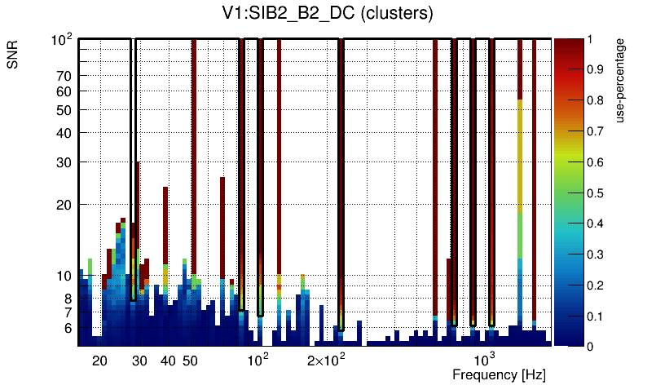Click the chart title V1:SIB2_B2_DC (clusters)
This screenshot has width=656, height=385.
[x=320, y=14]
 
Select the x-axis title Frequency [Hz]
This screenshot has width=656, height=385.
[x=499, y=374]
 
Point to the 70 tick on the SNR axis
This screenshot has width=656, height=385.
[x=64, y=77]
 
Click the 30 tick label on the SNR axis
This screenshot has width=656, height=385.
[x=64, y=162]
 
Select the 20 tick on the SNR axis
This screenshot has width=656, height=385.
[x=64, y=205]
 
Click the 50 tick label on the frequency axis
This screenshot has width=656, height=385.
[x=190, y=361]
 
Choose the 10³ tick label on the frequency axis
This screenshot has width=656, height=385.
[x=485, y=360]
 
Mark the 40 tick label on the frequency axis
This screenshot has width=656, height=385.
[x=168, y=361]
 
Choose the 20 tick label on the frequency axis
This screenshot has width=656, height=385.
[x=99, y=361]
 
